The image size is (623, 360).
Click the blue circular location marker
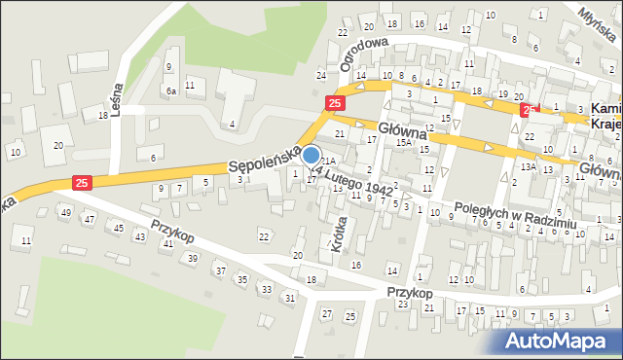click(x=311, y=155)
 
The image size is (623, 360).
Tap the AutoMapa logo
click(x=561, y=340)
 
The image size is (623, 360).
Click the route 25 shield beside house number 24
click(x=335, y=102)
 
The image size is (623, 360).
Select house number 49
click(x=66, y=212)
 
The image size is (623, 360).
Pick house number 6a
click(x=170, y=90)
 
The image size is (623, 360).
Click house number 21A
click(x=329, y=161)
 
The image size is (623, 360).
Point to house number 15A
click(x=403, y=142)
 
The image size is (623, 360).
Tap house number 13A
click(x=528, y=166)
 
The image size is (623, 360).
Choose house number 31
click(x=290, y=298)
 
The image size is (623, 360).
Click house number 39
click(x=193, y=258)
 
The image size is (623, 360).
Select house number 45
click(x=118, y=228)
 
